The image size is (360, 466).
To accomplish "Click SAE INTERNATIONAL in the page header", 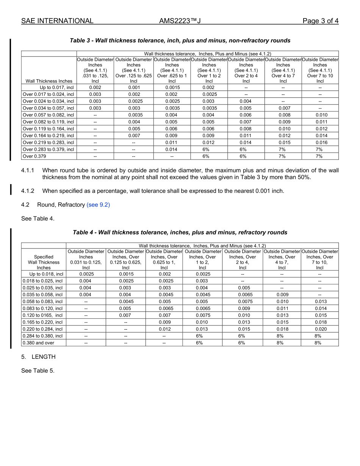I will pyautogui.click(x=57, y=21).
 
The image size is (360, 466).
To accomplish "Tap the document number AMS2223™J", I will pyautogui.click(x=180, y=21).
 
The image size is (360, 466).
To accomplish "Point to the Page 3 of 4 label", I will pyautogui.click(x=320, y=21).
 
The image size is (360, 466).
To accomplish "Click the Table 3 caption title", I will pyautogui.click(x=180, y=41).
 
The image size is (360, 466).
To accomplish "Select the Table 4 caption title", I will pyautogui.click(x=180, y=232).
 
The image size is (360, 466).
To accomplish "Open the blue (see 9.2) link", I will pyautogui.click(x=98, y=205).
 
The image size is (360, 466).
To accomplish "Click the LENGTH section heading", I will pyautogui.click(x=43, y=357).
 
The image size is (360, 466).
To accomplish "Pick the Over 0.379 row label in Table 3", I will pyautogui.click(x=34, y=156).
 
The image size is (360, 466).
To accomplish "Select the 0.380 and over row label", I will pyautogui.click(x=38, y=343).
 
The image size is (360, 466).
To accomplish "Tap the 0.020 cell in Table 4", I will pyautogui.click(x=320, y=329).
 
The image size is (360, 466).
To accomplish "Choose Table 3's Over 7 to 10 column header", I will pyautogui.click(x=320, y=70).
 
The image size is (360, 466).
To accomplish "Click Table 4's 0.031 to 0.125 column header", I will pyautogui.click(x=86, y=260).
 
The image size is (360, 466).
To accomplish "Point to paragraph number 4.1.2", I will pyautogui.click(x=28, y=191).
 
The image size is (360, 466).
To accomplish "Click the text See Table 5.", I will pyautogui.click(x=38, y=371).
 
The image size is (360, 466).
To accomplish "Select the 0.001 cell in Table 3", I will pyautogui.click(x=133, y=88).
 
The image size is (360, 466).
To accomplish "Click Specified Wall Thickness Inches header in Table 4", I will pyautogui.click(x=44, y=262).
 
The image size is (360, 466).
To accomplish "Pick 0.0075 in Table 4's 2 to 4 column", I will pyautogui.click(x=243, y=302).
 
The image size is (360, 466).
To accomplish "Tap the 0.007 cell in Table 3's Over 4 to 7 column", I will pyautogui.click(x=283, y=108).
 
